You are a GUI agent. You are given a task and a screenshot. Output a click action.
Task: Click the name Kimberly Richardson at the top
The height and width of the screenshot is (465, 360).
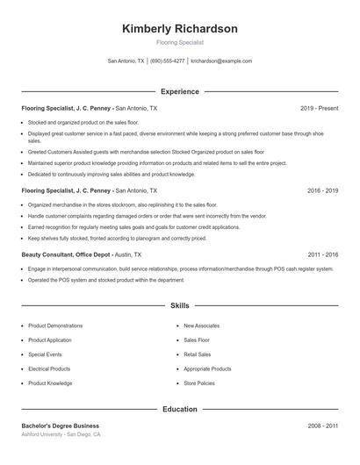click(x=179, y=28)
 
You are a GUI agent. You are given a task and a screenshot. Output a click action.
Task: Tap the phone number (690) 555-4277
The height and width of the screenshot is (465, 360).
click(x=167, y=61)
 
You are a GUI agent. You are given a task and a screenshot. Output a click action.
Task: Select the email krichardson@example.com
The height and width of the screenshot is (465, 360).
click(x=221, y=61)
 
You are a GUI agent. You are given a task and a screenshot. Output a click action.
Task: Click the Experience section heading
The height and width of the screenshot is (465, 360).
click(x=179, y=91)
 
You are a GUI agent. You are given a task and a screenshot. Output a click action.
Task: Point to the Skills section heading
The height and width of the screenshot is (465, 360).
click(x=179, y=306)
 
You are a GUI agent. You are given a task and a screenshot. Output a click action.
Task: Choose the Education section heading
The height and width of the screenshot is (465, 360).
click(x=179, y=409)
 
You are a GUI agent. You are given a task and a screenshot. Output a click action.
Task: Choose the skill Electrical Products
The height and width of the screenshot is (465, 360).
click(x=49, y=368)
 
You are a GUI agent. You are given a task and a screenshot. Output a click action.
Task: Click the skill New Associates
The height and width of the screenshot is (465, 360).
click(x=201, y=325)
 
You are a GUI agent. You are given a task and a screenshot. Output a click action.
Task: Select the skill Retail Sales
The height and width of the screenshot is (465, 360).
click(x=197, y=354)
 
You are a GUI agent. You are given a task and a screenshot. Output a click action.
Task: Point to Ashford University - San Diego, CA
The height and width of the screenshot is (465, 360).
click(x=61, y=434)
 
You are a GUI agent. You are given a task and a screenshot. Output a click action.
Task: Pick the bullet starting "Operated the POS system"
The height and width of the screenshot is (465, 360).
click(x=106, y=280)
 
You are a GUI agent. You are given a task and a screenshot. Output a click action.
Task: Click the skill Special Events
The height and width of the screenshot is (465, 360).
click(x=46, y=354)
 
